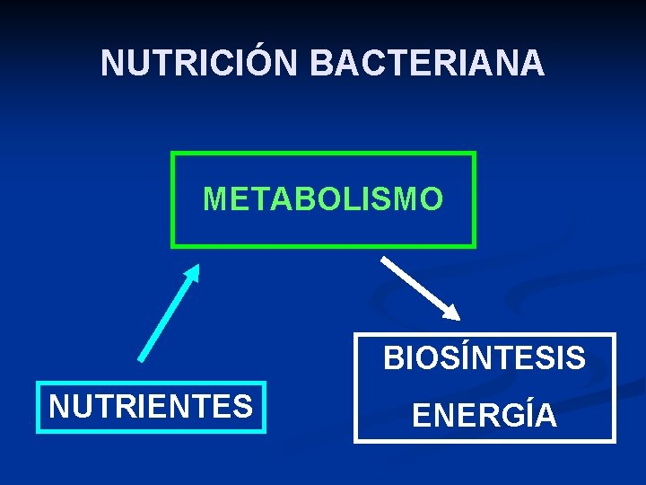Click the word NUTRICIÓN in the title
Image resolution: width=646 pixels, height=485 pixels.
(x=201, y=63)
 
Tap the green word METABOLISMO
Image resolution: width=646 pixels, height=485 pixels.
(x=323, y=198)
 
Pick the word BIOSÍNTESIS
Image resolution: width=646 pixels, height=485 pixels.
(x=484, y=359)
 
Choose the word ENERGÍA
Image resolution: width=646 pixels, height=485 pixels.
(x=484, y=416)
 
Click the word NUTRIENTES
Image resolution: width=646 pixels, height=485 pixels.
(x=151, y=407)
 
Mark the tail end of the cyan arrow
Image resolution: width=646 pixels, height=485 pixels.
(x=141, y=358)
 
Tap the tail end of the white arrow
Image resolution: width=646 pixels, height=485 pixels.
(x=384, y=260)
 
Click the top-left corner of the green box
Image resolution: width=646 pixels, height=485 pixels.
(x=172, y=154)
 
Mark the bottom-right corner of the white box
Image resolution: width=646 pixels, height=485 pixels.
(x=615, y=441)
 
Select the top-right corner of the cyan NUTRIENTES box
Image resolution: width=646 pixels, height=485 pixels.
(x=266, y=384)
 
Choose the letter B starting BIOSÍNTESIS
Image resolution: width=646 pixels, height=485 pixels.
(x=392, y=359)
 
